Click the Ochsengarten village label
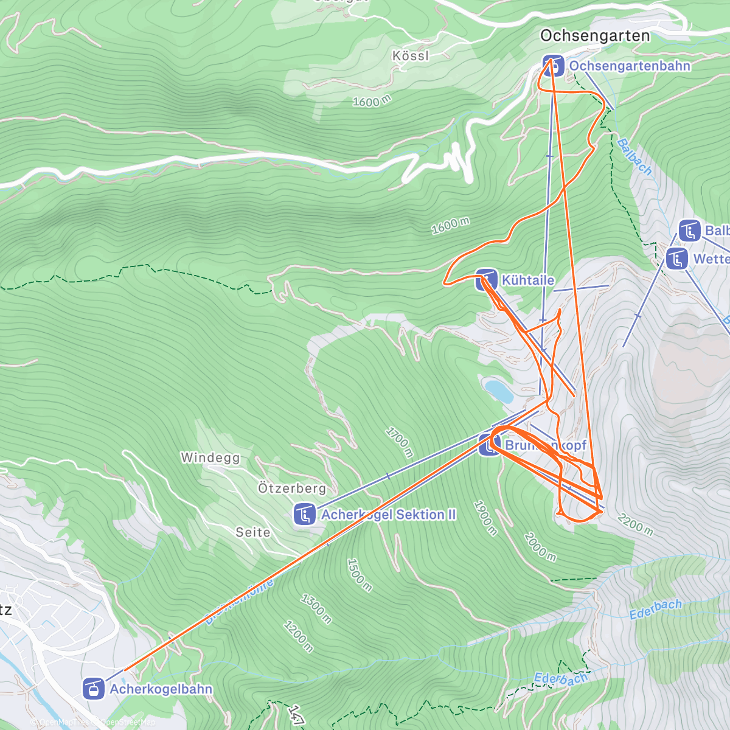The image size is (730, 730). pyautogui.click(x=594, y=36)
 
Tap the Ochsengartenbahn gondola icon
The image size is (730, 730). pyautogui.click(x=553, y=66)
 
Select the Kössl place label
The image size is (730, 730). pyautogui.click(x=411, y=56)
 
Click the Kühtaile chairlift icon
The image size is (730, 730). pyautogui.click(x=486, y=280)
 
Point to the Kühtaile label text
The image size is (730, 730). pyautogui.click(x=527, y=280)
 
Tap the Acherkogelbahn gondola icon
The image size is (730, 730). pyautogui.click(x=93, y=689)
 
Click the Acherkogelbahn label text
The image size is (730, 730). pyautogui.click(x=161, y=689)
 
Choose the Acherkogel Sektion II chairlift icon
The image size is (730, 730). pyautogui.click(x=304, y=514)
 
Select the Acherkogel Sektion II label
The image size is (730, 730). pyautogui.click(x=388, y=515)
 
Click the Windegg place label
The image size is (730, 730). pyautogui.click(x=210, y=457)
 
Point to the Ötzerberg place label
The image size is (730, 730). pyautogui.click(x=291, y=488)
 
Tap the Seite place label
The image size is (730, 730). pyautogui.click(x=253, y=532)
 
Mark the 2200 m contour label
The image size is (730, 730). pyautogui.click(x=635, y=524)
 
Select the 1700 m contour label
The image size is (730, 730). pyautogui.click(x=399, y=442)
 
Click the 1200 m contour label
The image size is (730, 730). pyautogui.click(x=299, y=636)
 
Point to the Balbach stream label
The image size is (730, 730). pyautogui.click(x=634, y=157)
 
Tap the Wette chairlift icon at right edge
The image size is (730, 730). pyautogui.click(x=676, y=259)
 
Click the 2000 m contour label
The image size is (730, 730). pyautogui.click(x=540, y=547)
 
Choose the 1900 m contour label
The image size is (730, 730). pyautogui.click(x=486, y=518)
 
